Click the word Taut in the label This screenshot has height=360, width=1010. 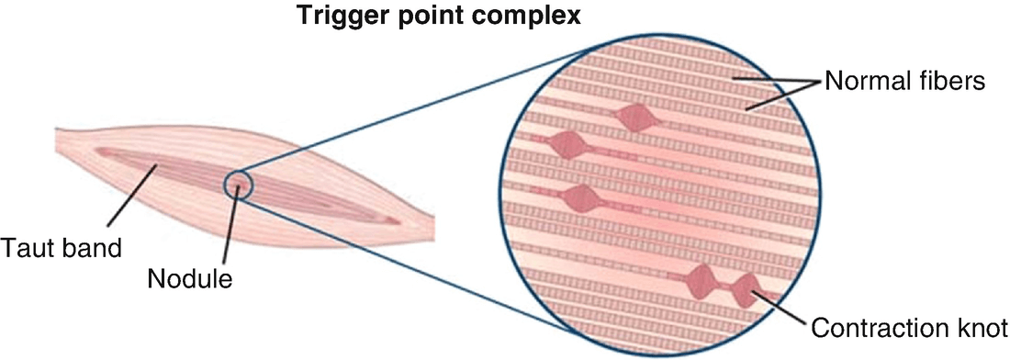point(26,247)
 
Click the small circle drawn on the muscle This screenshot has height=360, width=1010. point(237,185)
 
